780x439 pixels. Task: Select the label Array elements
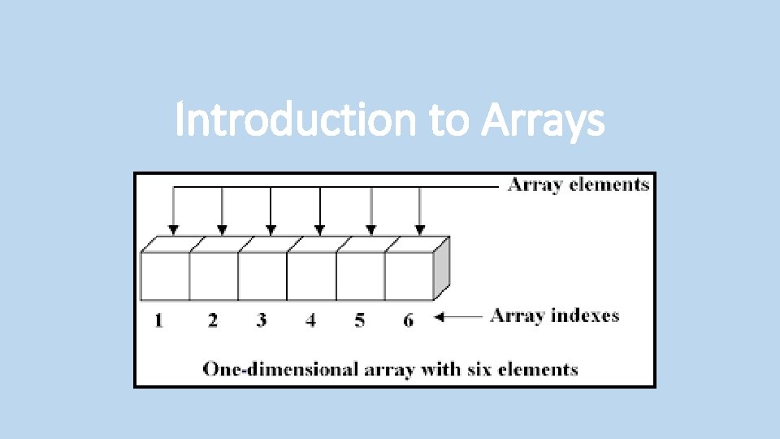pos(578,185)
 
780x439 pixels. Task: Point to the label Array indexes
pos(555,315)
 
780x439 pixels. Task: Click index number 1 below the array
pos(158,320)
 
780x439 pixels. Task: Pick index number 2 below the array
pos(212,320)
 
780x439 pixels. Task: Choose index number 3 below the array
pos(261,320)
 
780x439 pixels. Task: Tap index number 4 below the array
pos(310,320)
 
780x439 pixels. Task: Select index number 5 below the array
pos(359,320)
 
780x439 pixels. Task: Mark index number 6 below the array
pos(408,320)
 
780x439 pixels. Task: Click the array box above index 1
pos(165,276)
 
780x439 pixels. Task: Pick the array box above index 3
pos(262,276)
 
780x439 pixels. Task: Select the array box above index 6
pos(409,276)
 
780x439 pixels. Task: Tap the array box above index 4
pos(311,276)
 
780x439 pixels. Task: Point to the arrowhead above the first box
pos(172,230)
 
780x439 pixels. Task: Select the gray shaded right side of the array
pos(440,269)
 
